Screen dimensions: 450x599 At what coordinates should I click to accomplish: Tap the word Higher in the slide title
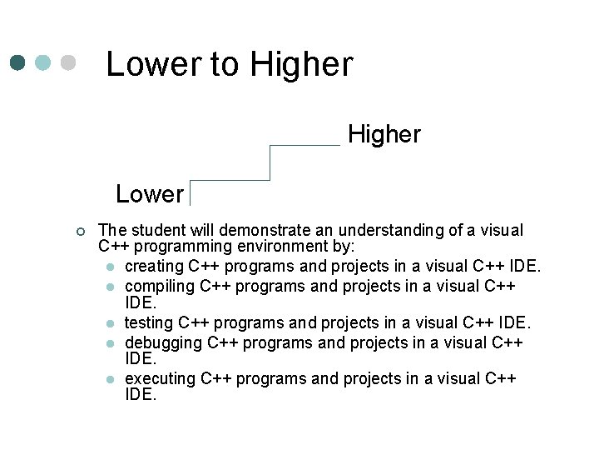tap(301, 64)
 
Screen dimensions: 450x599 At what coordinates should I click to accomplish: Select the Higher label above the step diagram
tap(384, 134)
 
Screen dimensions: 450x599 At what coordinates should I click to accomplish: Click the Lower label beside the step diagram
tap(150, 194)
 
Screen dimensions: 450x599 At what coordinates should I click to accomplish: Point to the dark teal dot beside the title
tap(18, 63)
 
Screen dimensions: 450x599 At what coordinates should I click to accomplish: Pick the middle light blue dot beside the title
tap(43, 63)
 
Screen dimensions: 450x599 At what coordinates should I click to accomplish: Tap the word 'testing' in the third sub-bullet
tap(148, 322)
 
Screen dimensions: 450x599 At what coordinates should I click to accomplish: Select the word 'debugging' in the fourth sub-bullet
tap(162, 342)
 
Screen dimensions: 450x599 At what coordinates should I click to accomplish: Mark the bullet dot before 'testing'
tap(111, 323)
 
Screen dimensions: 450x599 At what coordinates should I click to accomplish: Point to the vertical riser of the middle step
tap(270, 162)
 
